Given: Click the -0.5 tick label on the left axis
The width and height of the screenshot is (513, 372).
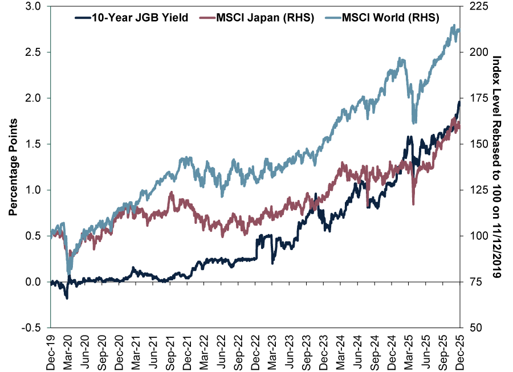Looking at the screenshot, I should click(32, 328).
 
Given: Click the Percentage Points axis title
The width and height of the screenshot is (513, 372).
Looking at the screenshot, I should click(13, 167).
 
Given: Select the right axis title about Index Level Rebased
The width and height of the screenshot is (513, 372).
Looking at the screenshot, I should click(496, 167).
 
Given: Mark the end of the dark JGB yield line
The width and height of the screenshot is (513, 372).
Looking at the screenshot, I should click(459, 101).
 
